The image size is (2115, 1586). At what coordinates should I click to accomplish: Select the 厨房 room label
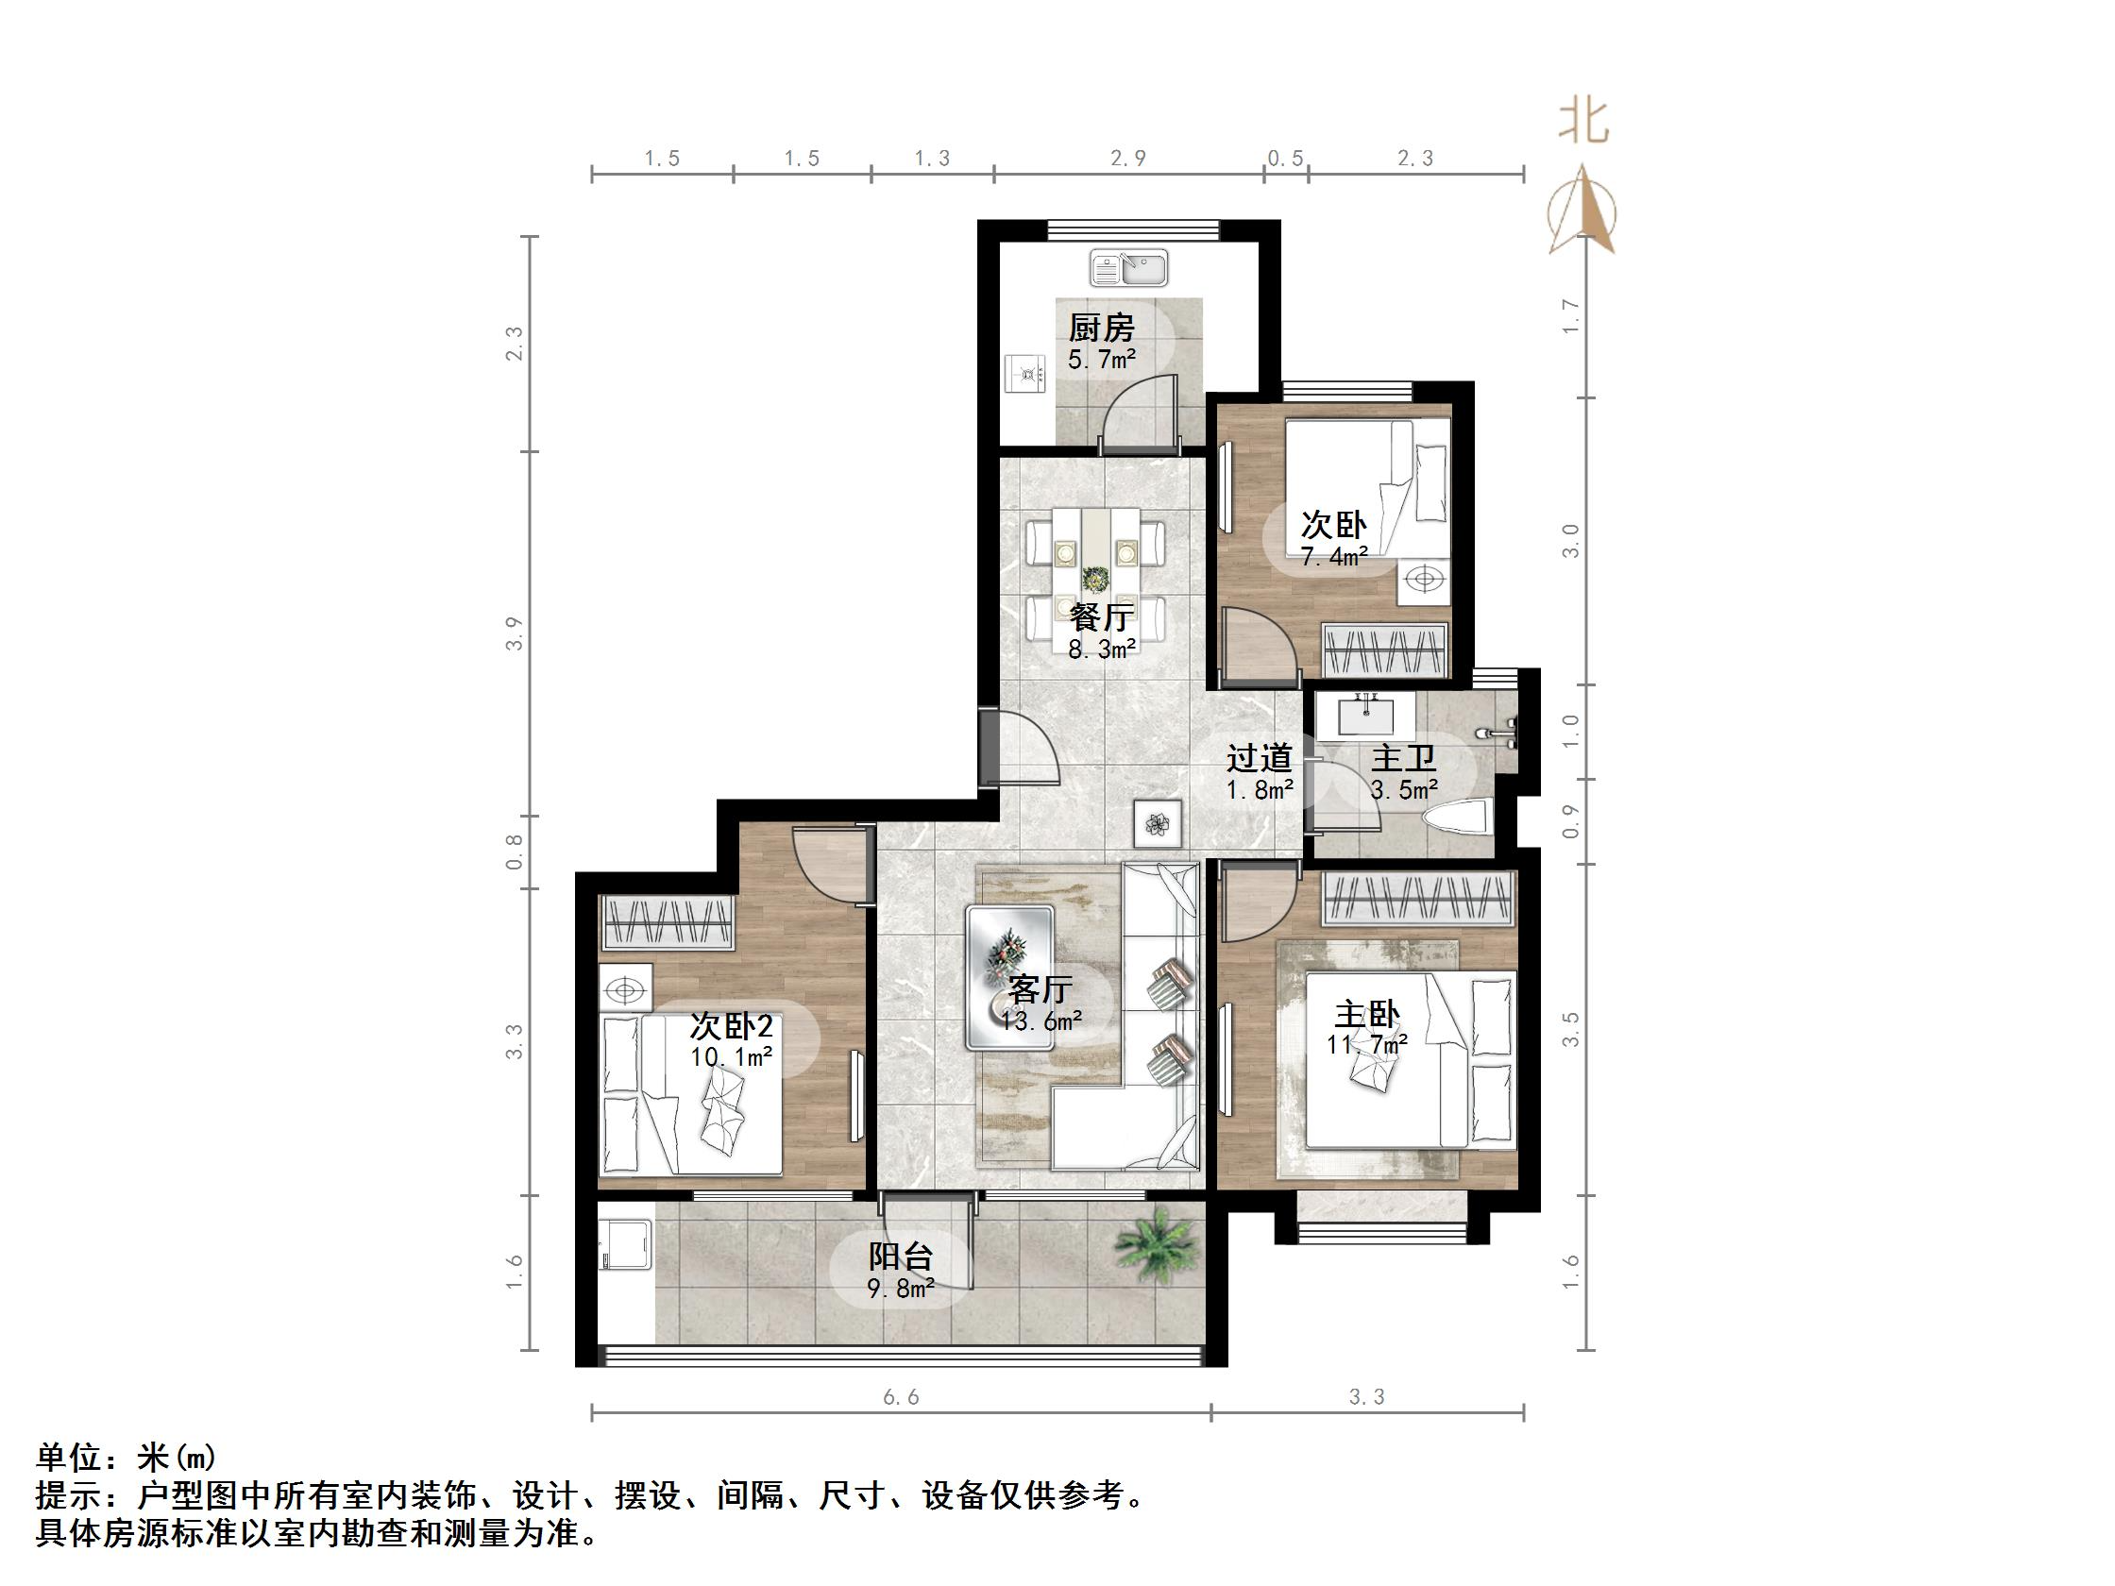click(1101, 328)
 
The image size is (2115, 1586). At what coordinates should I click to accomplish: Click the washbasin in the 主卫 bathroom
click(1365, 715)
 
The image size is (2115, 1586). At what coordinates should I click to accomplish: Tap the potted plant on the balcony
click(1158, 1243)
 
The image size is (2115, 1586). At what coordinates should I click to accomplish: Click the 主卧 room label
click(1366, 1014)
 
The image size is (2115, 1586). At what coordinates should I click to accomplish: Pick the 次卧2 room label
click(732, 1026)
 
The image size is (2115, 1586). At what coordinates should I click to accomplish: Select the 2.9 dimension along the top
click(1128, 158)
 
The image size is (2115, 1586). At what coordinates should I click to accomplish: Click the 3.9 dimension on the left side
click(516, 633)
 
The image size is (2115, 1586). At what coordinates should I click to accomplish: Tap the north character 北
click(1582, 123)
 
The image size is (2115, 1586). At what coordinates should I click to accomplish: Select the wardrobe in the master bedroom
click(1418, 900)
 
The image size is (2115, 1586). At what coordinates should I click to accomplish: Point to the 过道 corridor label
click(1260, 758)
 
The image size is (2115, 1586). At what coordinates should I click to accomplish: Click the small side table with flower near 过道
click(1158, 823)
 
